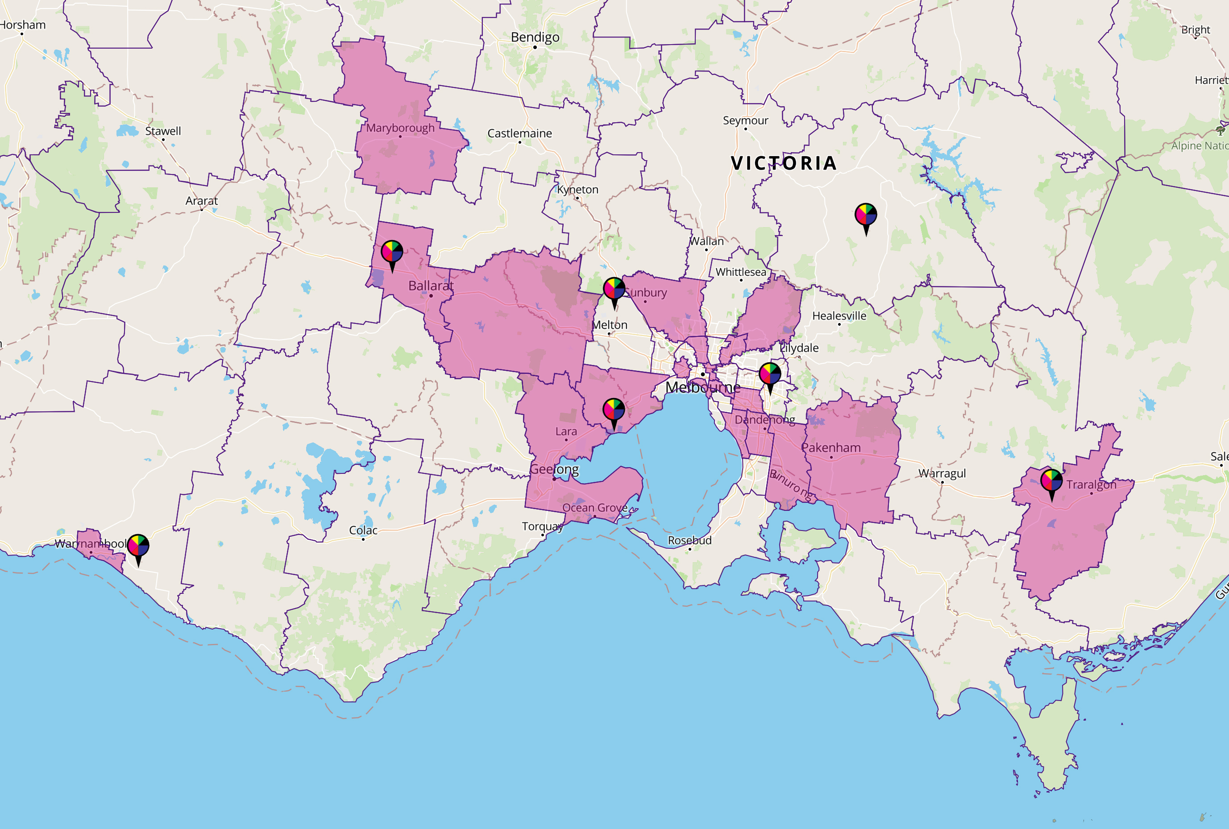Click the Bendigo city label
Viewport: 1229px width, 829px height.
(x=535, y=37)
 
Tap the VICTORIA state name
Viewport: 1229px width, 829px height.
(x=784, y=163)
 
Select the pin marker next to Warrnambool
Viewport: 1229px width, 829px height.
(x=138, y=546)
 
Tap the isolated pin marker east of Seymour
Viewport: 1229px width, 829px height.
(x=866, y=215)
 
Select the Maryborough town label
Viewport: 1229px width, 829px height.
(x=400, y=128)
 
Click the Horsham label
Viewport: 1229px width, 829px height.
(x=22, y=25)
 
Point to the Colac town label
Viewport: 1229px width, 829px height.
(x=363, y=530)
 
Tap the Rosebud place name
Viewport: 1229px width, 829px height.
(x=689, y=540)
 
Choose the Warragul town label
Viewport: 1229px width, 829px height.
(x=942, y=473)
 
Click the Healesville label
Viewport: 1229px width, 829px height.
(x=839, y=315)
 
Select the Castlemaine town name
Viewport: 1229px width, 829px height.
(x=519, y=133)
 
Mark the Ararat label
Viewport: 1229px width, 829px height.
(x=201, y=201)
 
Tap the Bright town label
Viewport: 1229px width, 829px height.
(x=1196, y=29)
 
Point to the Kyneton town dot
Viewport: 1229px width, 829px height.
(x=577, y=198)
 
